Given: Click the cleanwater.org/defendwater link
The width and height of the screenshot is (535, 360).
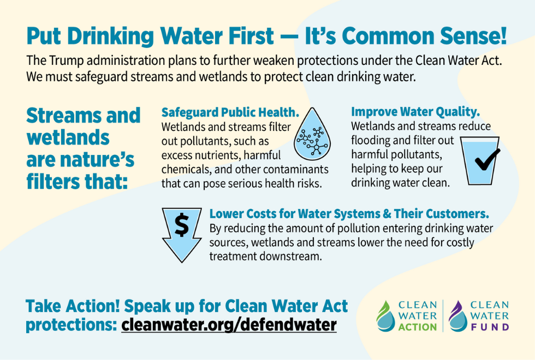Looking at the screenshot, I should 229,325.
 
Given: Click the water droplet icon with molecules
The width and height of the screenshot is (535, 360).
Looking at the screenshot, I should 313,137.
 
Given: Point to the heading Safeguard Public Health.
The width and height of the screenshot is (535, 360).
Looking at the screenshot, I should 230,112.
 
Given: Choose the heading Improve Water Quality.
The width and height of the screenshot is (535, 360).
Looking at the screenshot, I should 415,112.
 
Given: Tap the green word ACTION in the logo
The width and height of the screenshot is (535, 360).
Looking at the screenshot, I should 418,327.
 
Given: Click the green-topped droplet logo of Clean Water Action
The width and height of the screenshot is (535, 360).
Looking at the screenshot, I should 385,316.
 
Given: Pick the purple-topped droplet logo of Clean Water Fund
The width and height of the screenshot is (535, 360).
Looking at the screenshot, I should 457,316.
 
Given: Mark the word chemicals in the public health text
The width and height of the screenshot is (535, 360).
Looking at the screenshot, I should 186,169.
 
